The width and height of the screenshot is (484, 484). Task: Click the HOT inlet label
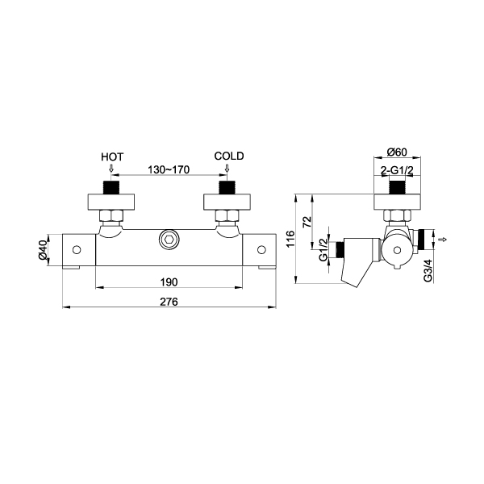[x=112, y=157]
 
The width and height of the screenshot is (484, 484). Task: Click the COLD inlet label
[x=229, y=156]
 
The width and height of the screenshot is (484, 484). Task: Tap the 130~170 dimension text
[x=169, y=169]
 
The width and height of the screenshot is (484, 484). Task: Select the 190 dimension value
[x=169, y=282]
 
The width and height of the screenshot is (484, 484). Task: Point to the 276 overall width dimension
[x=169, y=302]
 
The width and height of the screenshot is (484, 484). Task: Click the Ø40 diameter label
[x=43, y=250]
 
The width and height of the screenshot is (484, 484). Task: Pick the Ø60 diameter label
[x=397, y=152]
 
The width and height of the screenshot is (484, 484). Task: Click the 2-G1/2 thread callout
[x=397, y=169]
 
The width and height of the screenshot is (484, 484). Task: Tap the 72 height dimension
[x=307, y=223]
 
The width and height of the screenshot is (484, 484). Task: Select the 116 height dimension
[x=290, y=239]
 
